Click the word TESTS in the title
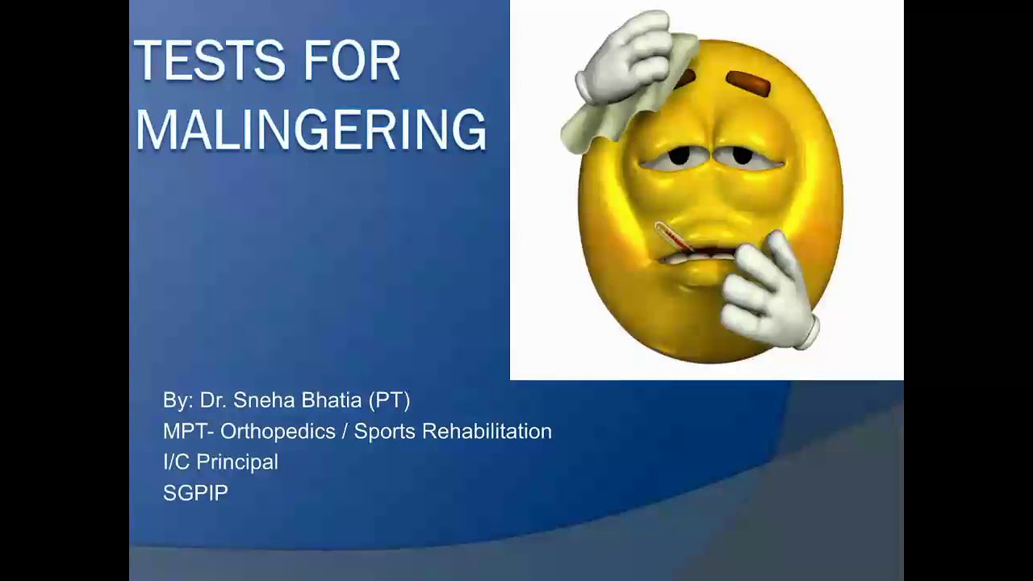point(199,61)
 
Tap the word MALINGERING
point(311,129)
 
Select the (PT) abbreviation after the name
point(389,400)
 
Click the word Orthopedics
point(278,432)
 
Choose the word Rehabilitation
point(487,432)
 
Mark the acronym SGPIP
point(195,493)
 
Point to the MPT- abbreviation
point(189,432)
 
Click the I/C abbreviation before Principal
point(177,462)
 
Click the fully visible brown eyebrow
point(750,82)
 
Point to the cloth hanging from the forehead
point(597,121)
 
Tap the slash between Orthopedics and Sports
point(345,432)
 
